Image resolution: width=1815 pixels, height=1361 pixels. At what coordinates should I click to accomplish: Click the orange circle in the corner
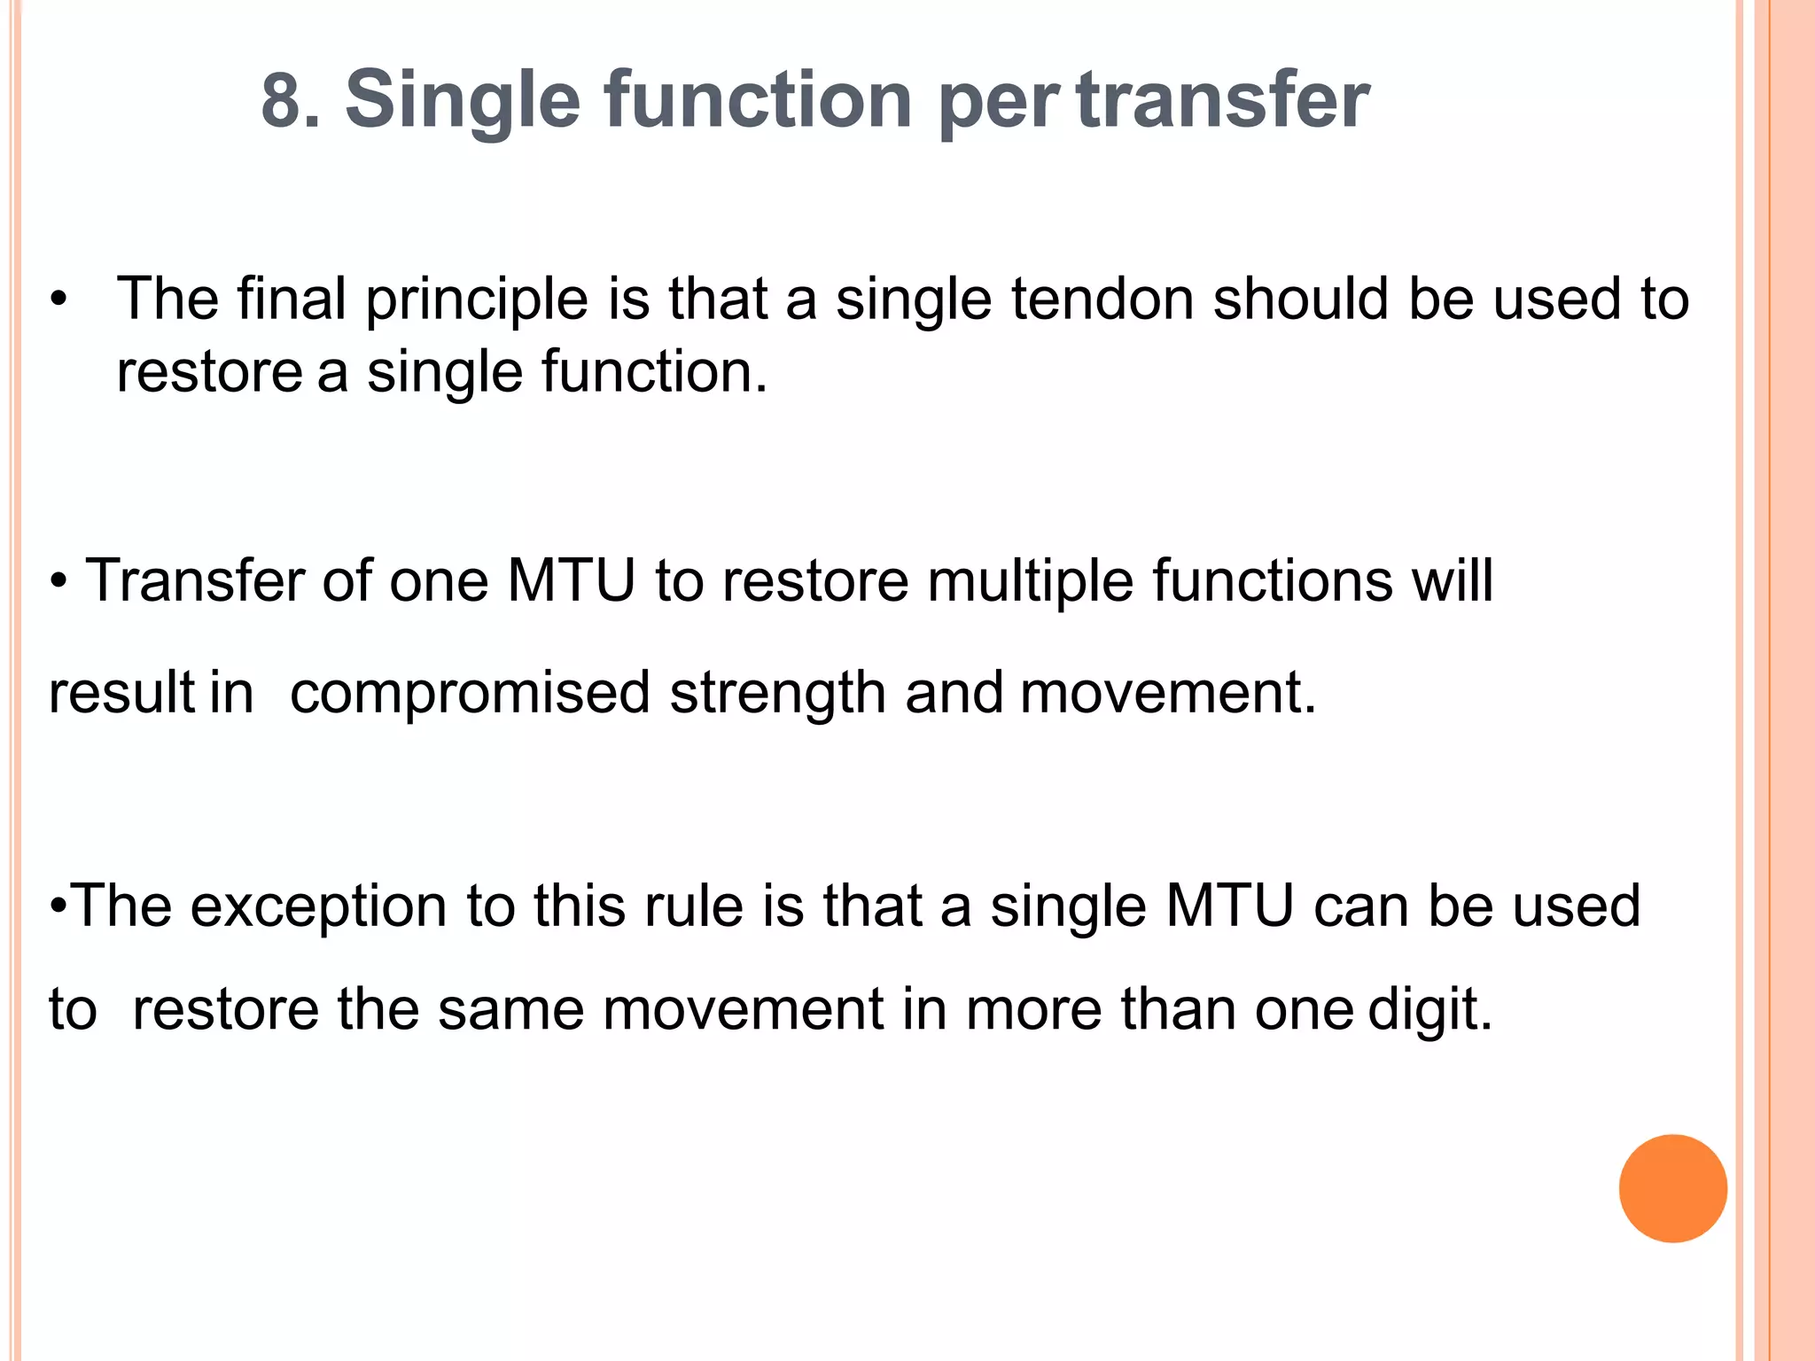click(x=1672, y=1188)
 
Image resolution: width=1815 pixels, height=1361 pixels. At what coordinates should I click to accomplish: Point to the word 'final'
click(x=291, y=299)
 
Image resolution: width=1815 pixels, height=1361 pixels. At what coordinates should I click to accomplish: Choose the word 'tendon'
click(x=1102, y=299)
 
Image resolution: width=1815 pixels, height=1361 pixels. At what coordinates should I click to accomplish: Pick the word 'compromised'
click(x=470, y=693)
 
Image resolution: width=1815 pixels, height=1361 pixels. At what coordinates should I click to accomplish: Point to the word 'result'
click(x=121, y=692)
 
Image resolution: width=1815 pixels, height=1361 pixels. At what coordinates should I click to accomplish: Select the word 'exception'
click(x=318, y=907)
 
